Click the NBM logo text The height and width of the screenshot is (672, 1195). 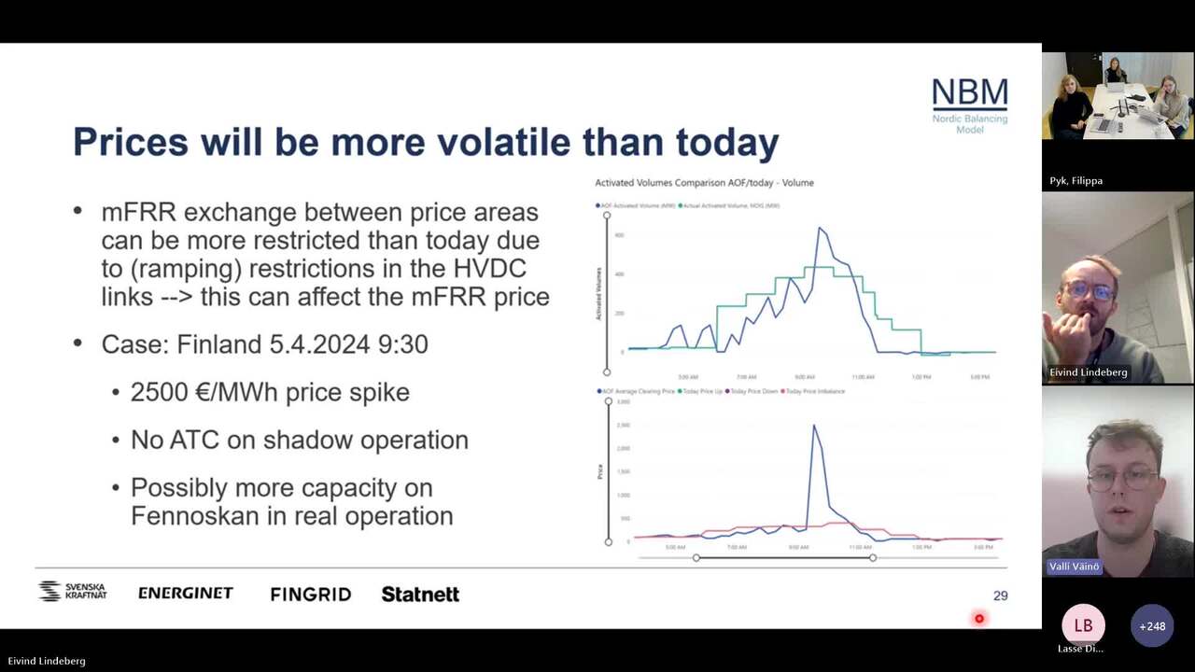[x=970, y=94]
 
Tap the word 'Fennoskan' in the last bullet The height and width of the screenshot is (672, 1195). [x=196, y=515]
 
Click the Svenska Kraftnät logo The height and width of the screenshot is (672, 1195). [x=72, y=592]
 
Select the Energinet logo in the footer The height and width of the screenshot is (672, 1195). [x=185, y=593]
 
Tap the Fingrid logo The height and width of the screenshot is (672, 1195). [x=310, y=594]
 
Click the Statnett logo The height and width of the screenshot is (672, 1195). [x=420, y=594]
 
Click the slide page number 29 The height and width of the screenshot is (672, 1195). [x=1000, y=595]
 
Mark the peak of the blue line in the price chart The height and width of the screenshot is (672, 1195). [x=813, y=426]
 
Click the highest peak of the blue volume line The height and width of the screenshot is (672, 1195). [x=820, y=228]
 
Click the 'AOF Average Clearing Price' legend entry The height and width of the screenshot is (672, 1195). [x=637, y=391]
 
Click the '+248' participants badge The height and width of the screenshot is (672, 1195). [x=1152, y=626]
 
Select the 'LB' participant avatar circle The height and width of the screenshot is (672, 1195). [x=1083, y=625]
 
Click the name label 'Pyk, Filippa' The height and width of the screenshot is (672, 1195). [x=1076, y=181]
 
